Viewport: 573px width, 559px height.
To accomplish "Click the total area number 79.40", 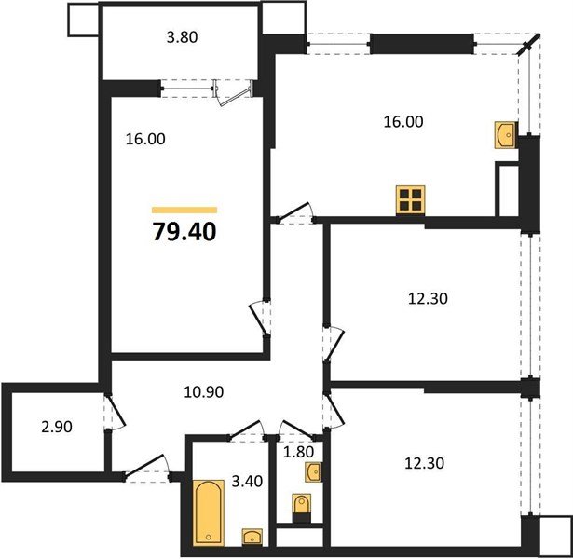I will tap(184, 231).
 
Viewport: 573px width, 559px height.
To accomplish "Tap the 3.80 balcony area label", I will tap(182, 39).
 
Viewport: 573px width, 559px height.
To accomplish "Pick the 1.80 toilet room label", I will tap(298, 455).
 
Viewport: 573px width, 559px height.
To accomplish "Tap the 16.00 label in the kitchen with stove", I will tap(405, 121).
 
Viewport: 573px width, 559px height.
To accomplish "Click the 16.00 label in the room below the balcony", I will tap(144, 140).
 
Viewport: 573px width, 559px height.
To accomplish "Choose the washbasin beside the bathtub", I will tap(252, 536).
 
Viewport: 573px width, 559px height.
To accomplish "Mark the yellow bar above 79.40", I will tap(184, 211).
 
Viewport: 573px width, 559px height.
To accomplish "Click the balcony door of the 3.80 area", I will tap(232, 90).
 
